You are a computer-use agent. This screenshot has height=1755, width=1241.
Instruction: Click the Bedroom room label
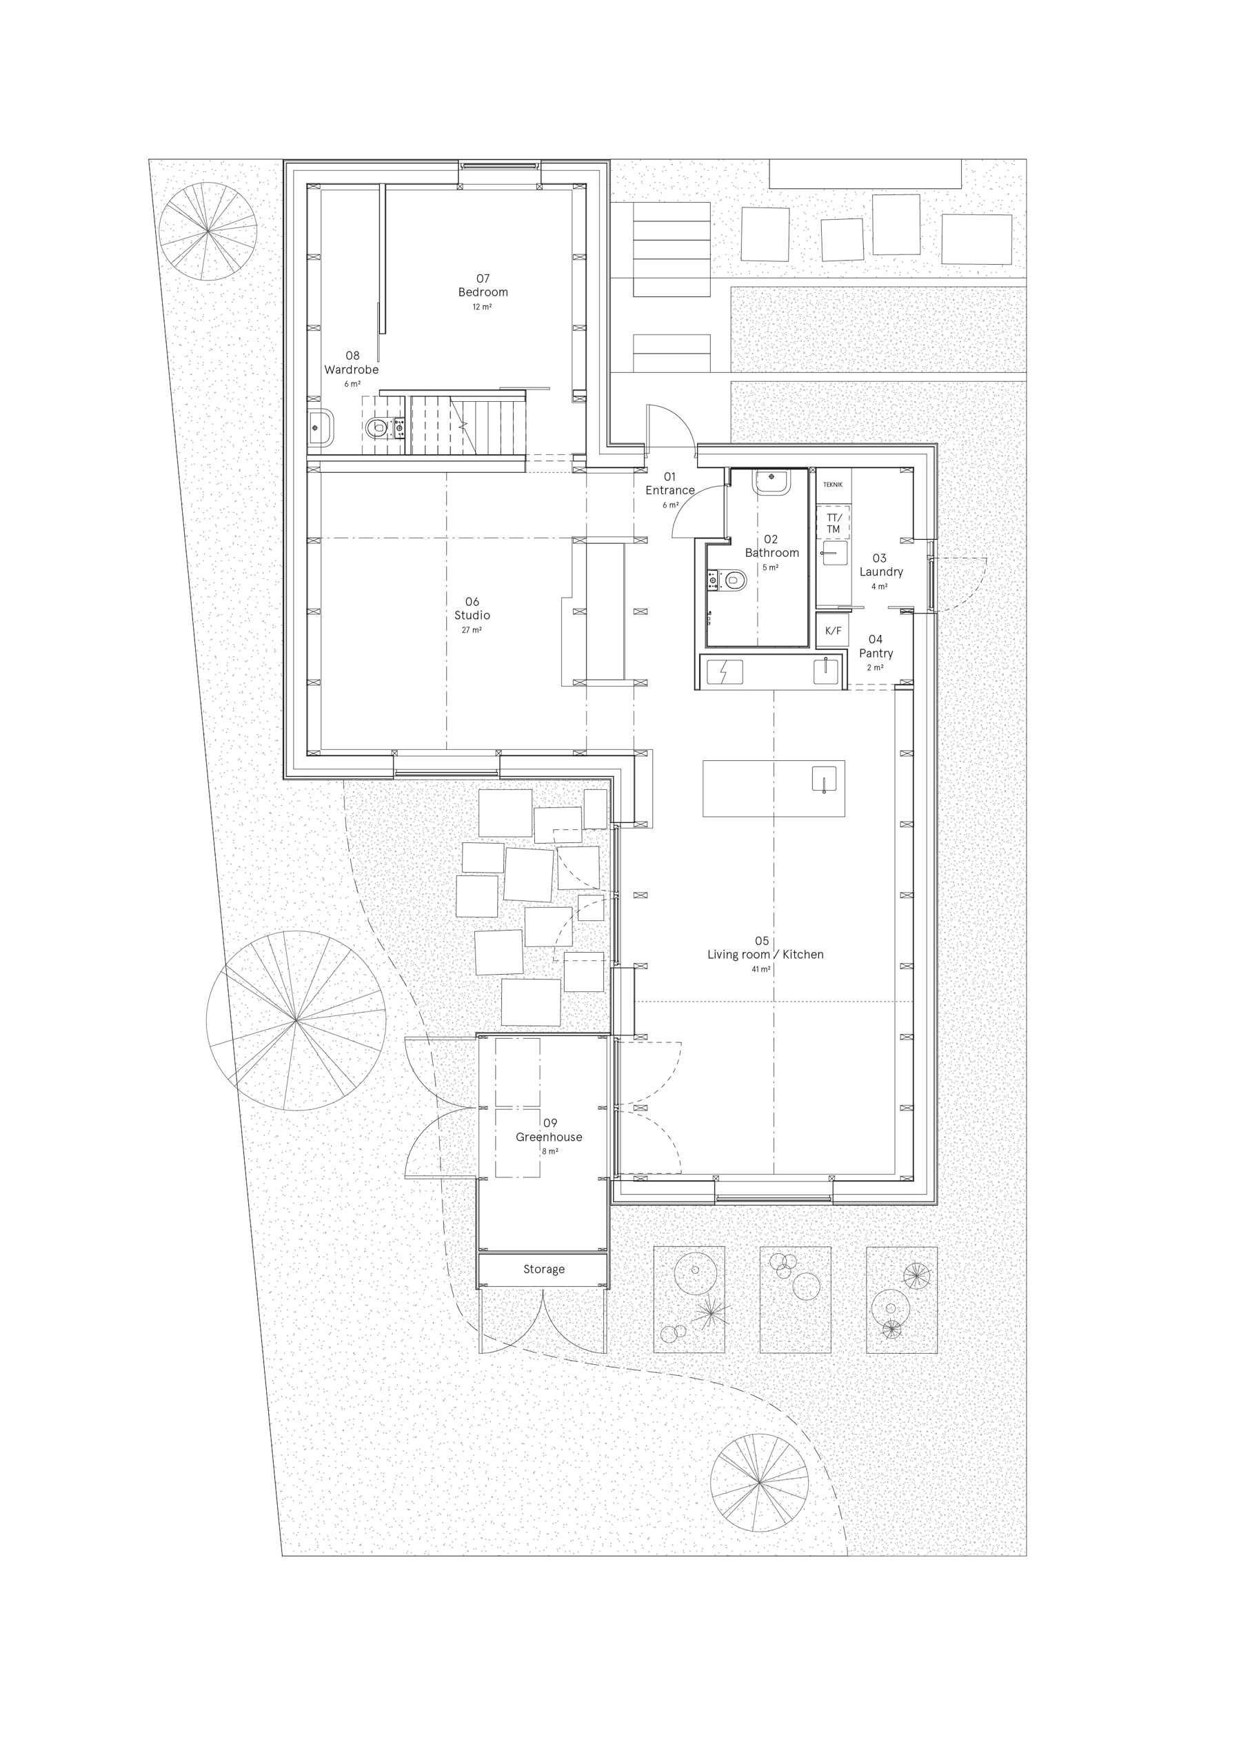tap(483, 292)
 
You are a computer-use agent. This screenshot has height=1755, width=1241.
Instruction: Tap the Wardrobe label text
tap(351, 370)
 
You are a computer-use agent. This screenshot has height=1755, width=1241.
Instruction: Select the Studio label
tap(472, 616)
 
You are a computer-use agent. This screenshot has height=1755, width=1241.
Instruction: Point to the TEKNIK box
tap(833, 485)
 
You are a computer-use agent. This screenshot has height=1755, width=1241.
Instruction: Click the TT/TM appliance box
tap(834, 524)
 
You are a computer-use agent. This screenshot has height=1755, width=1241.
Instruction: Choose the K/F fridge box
tap(833, 631)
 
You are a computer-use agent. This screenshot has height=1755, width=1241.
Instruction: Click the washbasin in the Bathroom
tap(770, 484)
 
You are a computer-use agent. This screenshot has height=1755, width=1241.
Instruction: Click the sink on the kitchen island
tap(825, 779)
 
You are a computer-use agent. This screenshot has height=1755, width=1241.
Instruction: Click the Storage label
tap(544, 1270)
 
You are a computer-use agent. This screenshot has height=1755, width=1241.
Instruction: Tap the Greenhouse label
tap(548, 1137)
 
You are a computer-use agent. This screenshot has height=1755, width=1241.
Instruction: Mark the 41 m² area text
tap(761, 969)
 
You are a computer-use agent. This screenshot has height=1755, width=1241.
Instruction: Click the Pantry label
tap(876, 653)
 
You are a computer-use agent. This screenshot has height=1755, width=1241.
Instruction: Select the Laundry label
tap(881, 571)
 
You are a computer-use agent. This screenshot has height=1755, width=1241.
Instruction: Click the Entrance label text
tap(670, 491)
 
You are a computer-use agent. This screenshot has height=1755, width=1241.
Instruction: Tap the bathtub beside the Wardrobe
tap(321, 428)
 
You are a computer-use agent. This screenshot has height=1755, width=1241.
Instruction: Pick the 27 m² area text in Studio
tap(471, 631)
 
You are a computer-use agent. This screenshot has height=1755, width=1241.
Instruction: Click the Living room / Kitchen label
tap(765, 955)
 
